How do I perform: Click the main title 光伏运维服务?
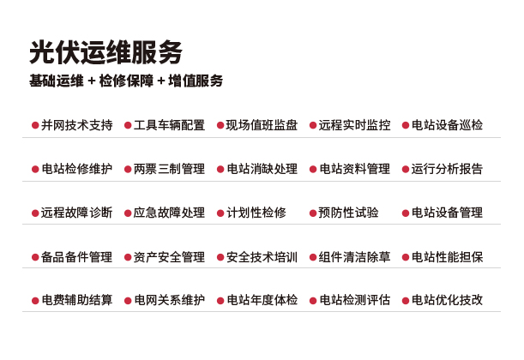click(x=106, y=52)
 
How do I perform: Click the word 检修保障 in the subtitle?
click(x=126, y=81)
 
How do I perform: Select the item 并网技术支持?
click(x=77, y=125)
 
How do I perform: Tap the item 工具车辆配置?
click(x=169, y=125)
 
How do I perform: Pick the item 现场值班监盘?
click(x=262, y=125)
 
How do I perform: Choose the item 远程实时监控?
click(x=354, y=125)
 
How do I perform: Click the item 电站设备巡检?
click(x=447, y=125)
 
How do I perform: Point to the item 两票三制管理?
click(x=169, y=169)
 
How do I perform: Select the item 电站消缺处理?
click(x=262, y=169)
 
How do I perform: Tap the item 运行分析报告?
click(x=447, y=169)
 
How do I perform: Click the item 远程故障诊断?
click(x=77, y=213)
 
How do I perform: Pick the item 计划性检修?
click(x=256, y=213)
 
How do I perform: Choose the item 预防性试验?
click(x=348, y=213)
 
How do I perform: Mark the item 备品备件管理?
click(x=77, y=257)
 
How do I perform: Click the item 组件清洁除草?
click(x=354, y=257)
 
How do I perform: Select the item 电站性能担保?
click(x=447, y=257)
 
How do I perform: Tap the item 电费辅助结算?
click(x=77, y=300)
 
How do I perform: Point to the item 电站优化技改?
click(x=447, y=300)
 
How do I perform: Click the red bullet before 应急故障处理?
click(x=128, y=213)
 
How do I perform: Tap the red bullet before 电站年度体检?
click(x=220, y=301)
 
